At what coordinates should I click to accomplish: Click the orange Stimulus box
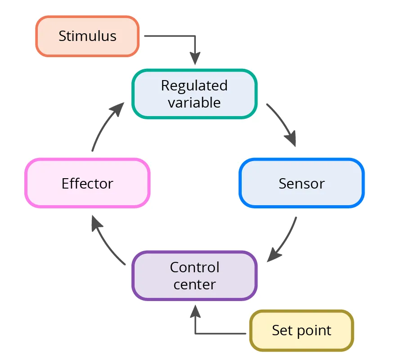point(87,36)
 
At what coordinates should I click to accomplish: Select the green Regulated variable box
point(194,94)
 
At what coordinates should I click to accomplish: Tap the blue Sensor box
point(301,183)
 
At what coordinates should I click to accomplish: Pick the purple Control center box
point(194,276)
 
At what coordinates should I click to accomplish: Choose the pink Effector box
point(87,183)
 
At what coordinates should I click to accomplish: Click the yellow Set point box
point(302,331)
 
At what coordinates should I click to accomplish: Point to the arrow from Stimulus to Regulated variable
point(180,36)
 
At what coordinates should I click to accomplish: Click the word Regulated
point(194,85)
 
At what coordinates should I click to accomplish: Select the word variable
point(194,103)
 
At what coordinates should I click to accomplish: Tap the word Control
point(194,267)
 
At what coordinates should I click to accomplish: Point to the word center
point(194,284)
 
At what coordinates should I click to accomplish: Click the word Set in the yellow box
point(280,331)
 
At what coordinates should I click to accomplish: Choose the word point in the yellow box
point(311,331)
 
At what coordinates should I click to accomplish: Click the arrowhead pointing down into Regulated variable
point(195,59)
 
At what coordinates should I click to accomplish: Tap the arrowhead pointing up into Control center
point(195,311)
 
